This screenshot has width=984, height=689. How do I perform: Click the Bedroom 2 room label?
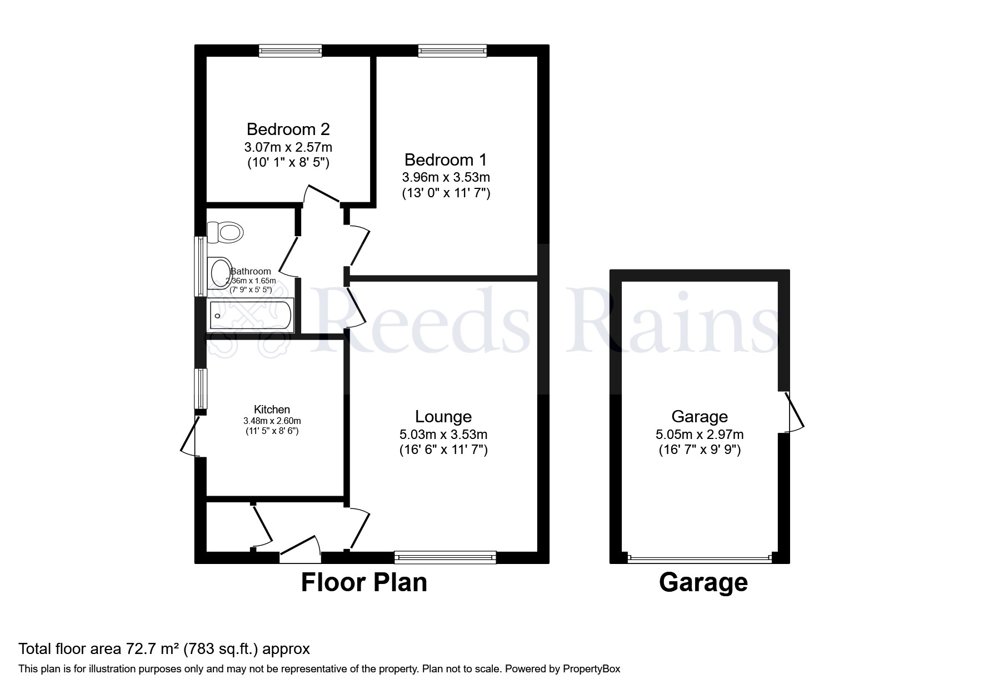click(x=288, y=129)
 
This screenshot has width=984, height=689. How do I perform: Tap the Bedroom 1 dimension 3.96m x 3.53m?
click(x=446, y=178)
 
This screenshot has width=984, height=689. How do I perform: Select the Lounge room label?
click(x=443, y=416)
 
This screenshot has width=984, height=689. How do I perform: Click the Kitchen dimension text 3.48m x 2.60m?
click(x=272, y=421)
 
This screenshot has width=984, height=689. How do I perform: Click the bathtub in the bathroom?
click(x=249, y=316)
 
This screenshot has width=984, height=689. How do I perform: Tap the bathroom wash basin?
click(x=219, y=273)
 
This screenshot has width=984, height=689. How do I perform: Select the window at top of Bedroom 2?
click(x=290, y=51)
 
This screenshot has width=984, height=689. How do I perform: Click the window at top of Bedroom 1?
click(x=452, y=51)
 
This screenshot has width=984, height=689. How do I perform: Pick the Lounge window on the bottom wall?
click(x=444, y=557)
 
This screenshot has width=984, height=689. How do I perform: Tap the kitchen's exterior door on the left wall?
click(x=191, y=436)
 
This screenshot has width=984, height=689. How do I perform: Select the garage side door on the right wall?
click(x=795, y=412)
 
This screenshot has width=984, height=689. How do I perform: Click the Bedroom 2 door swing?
click(x=321, y=194)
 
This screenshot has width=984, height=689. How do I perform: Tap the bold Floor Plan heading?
click(x=364, y=582)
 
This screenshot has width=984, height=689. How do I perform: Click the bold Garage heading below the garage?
click(x=703, y=582)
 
